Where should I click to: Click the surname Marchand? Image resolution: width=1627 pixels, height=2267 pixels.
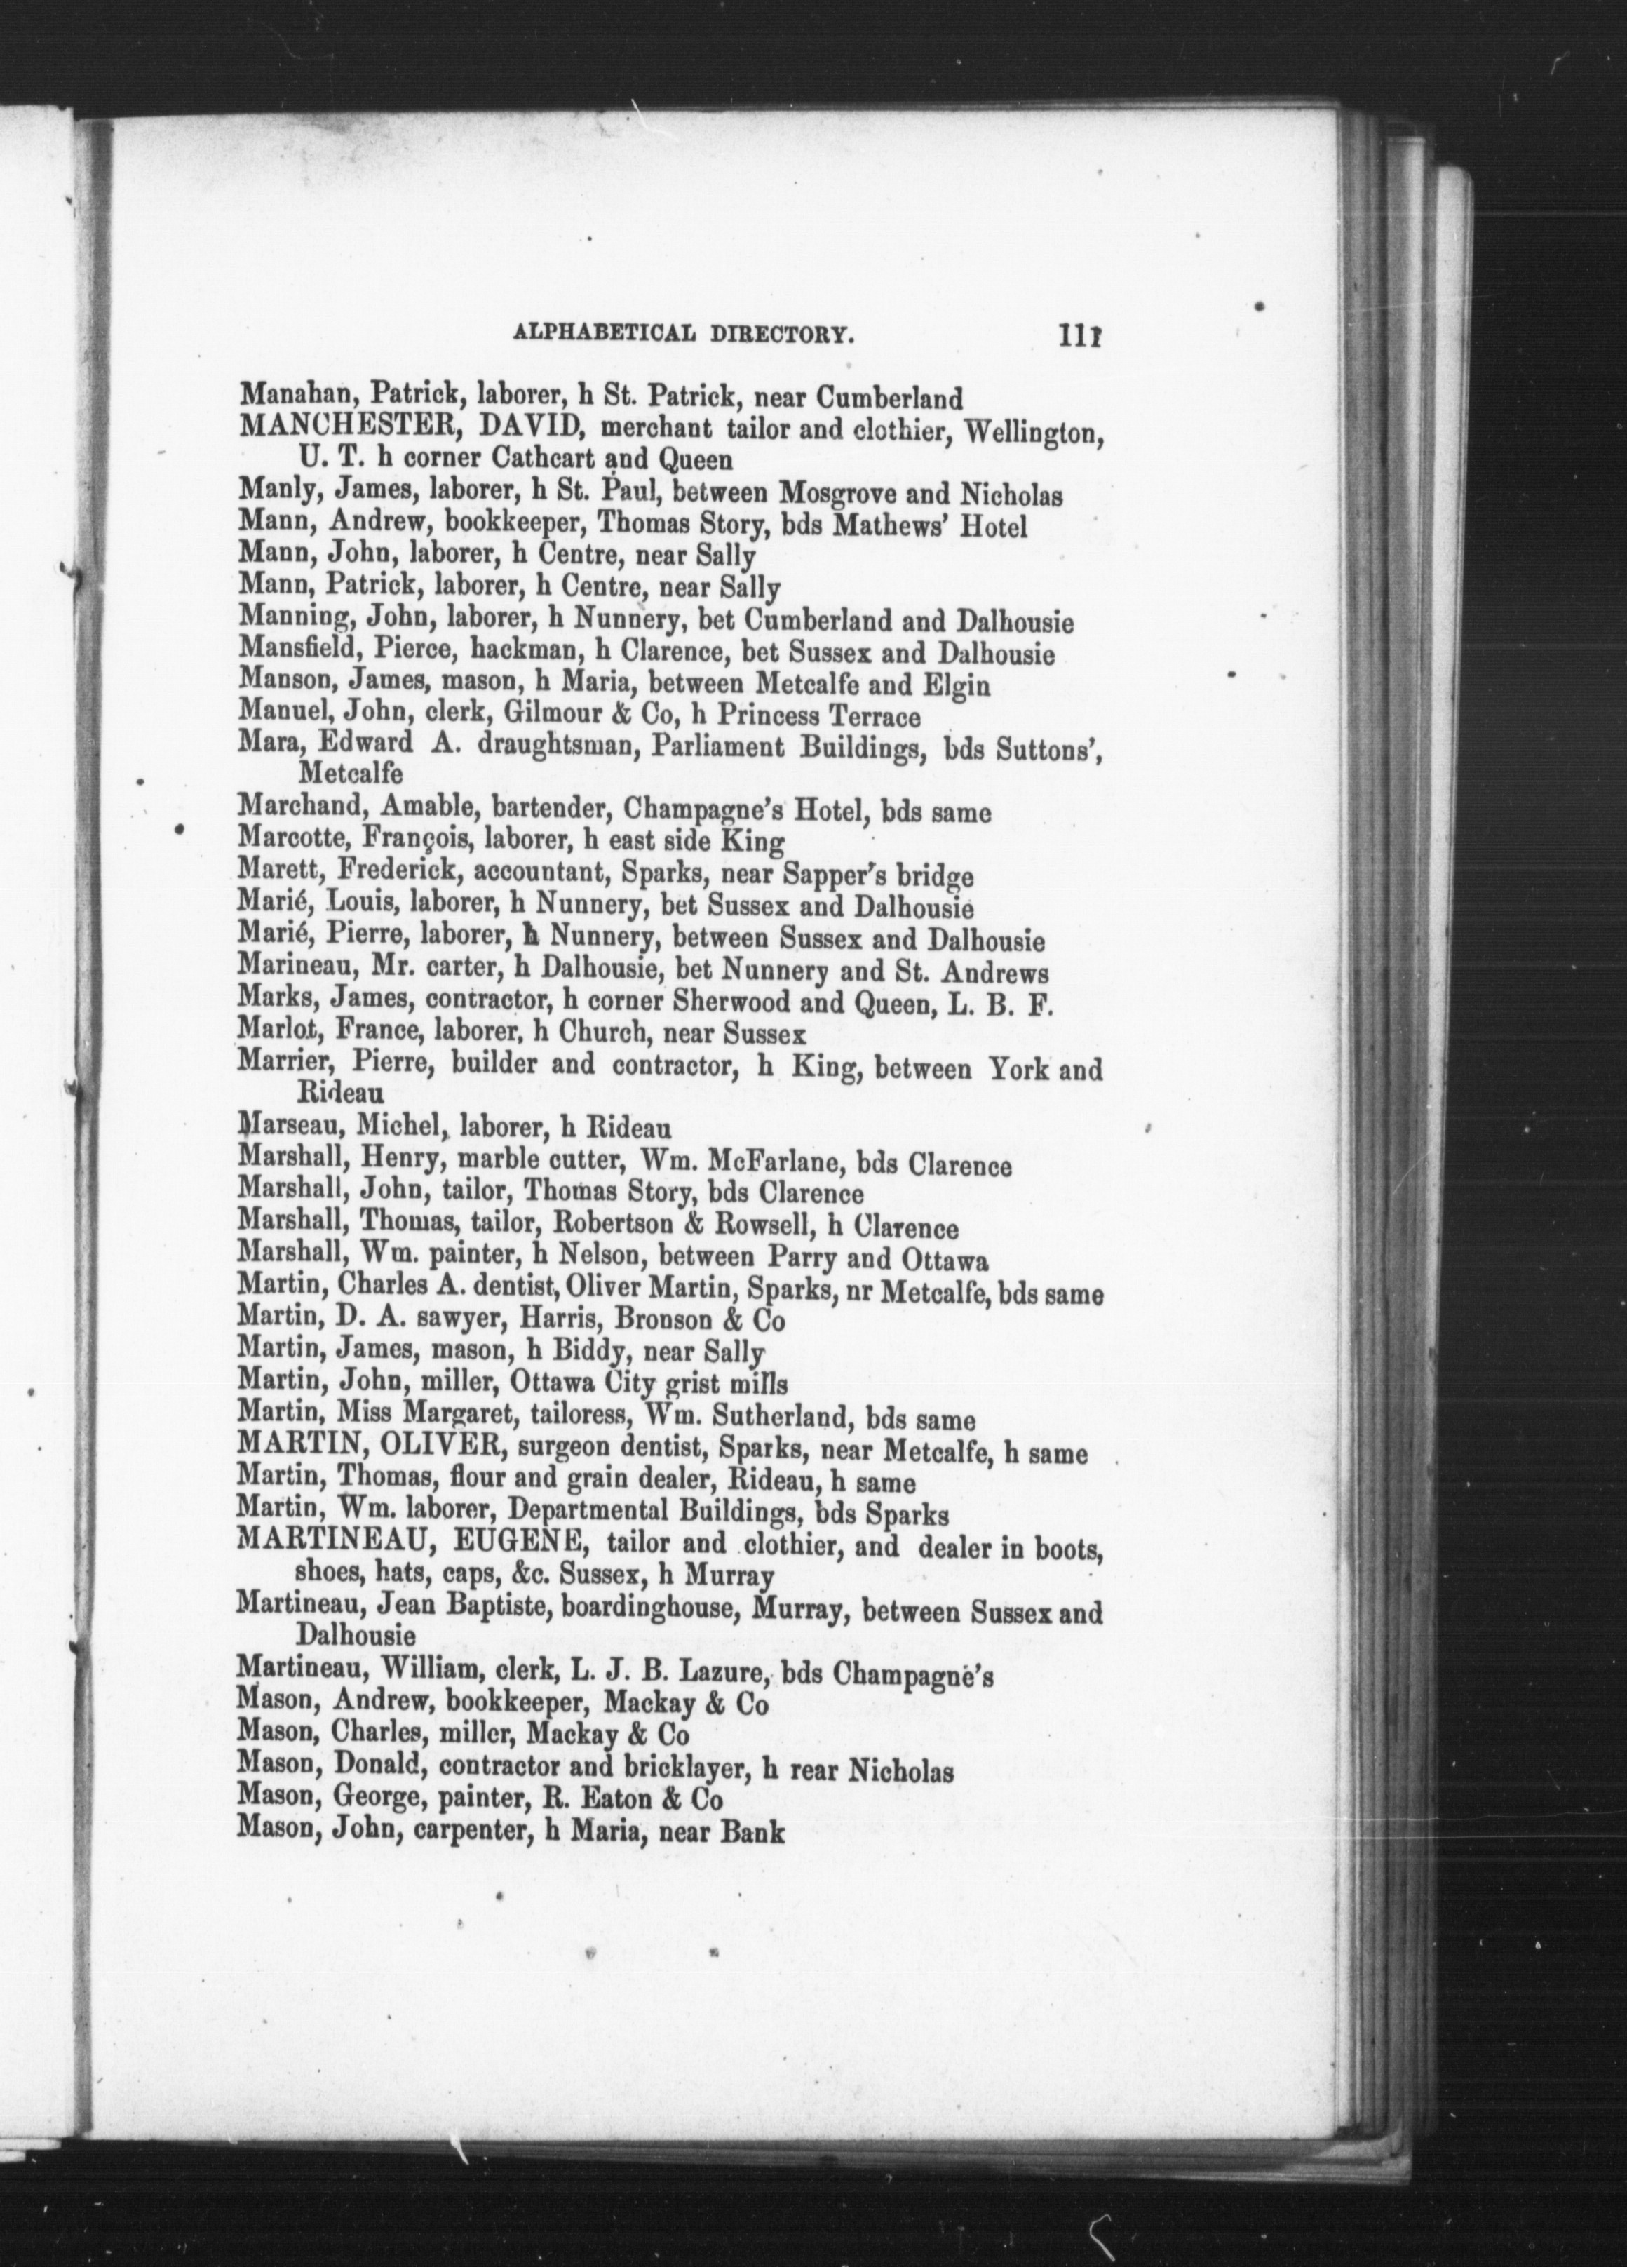pyautogui.click(x=286, y=812)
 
